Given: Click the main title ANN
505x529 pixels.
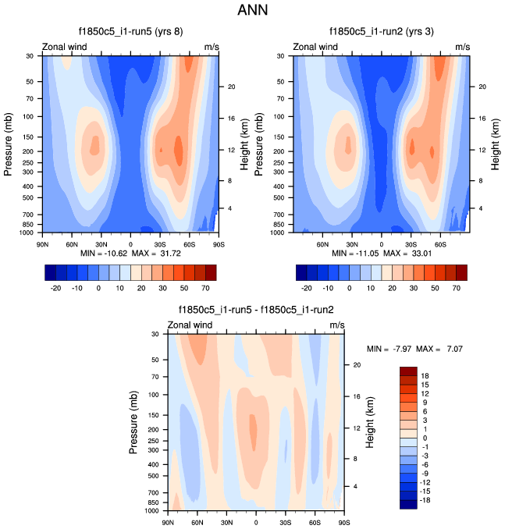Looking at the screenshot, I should click(x=252, y=12).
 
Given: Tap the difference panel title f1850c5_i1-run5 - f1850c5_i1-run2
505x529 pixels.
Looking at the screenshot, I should click(x=255, y=310).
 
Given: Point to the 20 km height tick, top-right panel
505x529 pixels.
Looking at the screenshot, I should click(x=482, y=87).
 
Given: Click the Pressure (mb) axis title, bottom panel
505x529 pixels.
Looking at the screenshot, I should click(x=136, y=423).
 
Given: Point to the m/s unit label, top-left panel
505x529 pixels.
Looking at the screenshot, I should click(x=212, y=48).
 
